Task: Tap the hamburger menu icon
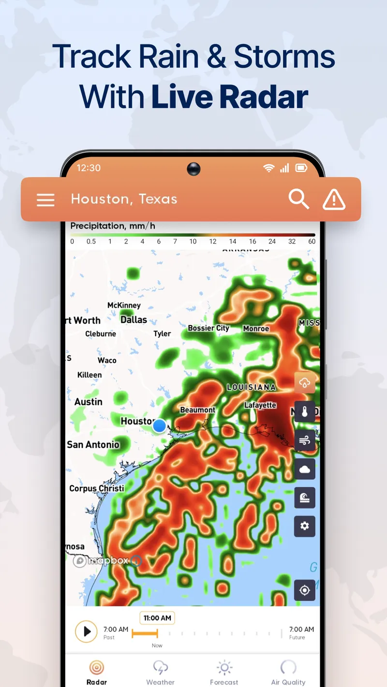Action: [45, 200]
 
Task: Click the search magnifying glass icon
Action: [298, 199]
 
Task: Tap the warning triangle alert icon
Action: [334, 199]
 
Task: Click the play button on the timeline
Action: [87, 631]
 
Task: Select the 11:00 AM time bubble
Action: [157, 618]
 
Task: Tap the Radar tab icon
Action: [97, 668]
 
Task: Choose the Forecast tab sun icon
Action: [224, 668]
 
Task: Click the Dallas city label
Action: [134, 320]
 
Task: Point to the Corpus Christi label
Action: [97, 488]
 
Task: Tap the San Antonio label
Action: [93, 444]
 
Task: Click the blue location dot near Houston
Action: [159, 426]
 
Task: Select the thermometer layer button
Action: [305, 412]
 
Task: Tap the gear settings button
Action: [305, 526]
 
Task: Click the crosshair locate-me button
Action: [305, 590]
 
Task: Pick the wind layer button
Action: [305, 440]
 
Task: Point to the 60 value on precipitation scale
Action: [312, 242]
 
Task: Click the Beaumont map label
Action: [198, 410]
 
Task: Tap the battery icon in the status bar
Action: [301, 168]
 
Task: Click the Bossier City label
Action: [208, 328]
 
